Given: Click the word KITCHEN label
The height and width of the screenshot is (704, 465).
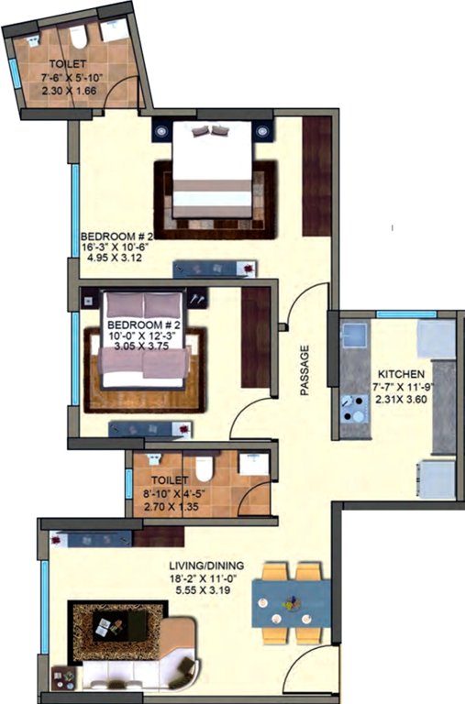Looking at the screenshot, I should coord(400,374).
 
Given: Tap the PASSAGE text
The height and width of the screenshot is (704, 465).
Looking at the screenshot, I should coord(304,370).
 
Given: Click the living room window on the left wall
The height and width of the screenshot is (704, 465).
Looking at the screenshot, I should coord(44,600).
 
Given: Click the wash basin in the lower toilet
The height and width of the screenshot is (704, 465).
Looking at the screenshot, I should coord(255,465).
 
